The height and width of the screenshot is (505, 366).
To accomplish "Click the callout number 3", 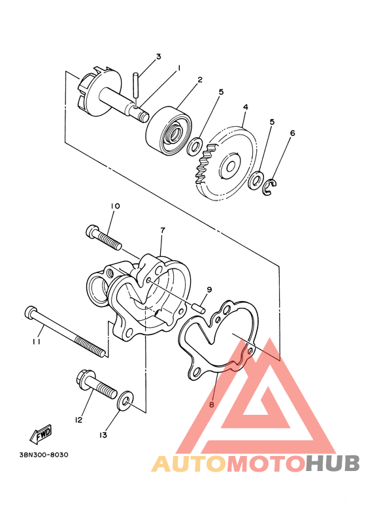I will click(x=158, y=57).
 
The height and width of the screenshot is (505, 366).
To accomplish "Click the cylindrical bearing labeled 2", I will click(x=169, y=131).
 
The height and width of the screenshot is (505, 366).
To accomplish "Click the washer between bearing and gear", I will click(x=195, y=146).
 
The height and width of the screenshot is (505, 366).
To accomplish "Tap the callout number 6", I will click(x=292, y=133).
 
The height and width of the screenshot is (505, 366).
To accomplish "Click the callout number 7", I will click(x=162, y=231).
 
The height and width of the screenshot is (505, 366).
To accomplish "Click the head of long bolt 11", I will click(x=30, y=313).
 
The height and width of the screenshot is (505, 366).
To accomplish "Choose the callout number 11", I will click(x=37, y=341).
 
